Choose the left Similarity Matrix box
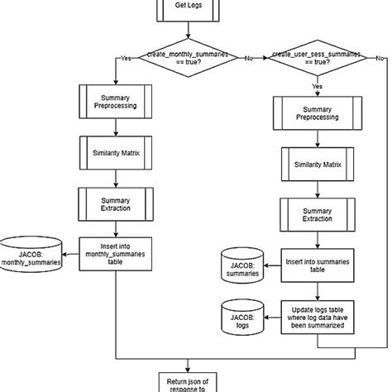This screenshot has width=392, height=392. [112, 151]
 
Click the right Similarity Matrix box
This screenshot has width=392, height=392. [316, 164]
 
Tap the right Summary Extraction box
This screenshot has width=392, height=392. [316, 213]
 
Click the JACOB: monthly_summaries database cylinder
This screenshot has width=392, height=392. [32, 253]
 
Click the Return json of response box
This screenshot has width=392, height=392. [189, 381]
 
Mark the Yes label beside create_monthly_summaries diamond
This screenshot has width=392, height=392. [126, 59]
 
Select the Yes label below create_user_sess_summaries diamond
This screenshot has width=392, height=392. [316, 85]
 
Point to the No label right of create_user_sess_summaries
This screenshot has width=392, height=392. [379, 59]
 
